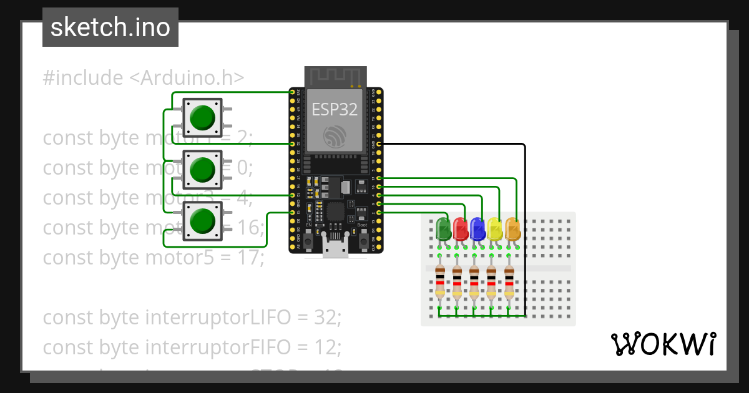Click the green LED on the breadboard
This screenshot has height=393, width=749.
pos(443,228)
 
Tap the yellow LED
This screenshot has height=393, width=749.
pos(495,228)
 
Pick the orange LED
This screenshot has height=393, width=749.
pos(512,228)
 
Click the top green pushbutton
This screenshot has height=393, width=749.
pos(202,118)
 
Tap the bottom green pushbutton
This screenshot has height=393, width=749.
pos(202,221)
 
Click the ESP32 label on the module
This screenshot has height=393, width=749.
pos(335,110)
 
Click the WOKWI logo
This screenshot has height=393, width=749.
pos(663,344)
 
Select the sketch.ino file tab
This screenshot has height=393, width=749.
pos(110,27)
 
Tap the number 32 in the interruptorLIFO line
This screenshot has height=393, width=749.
pos(326,318)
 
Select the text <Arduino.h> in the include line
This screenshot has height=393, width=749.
pos(187,78)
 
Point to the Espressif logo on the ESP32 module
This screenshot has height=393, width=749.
pos(335,137)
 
